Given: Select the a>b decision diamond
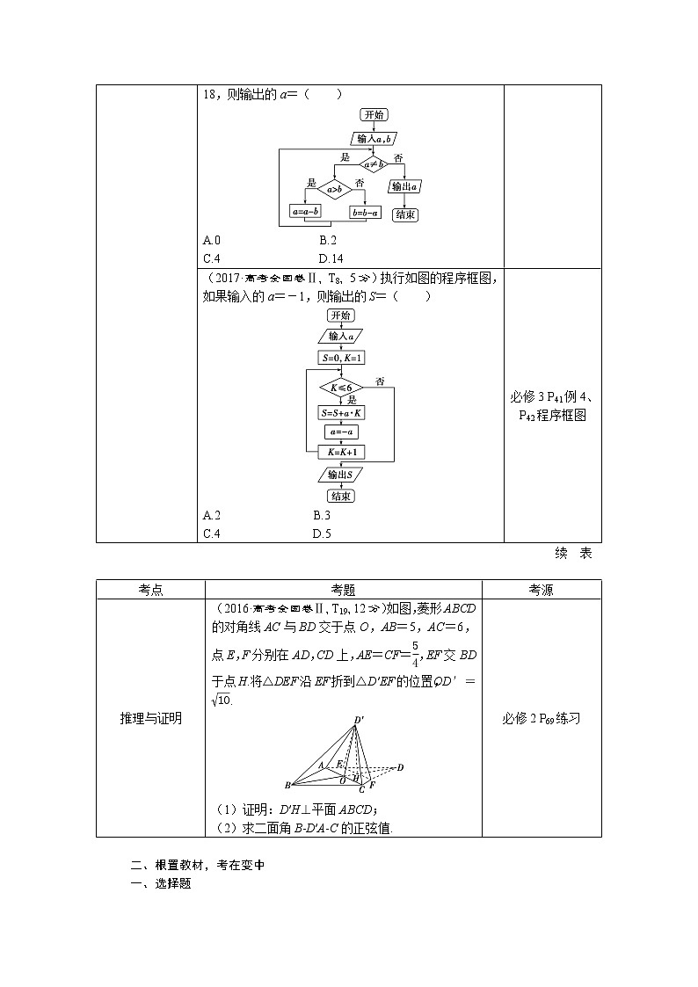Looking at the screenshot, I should [x=334, y=189].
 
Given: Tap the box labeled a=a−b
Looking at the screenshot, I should [x=305, y=212].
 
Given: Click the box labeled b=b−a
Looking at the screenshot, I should [x=365, y=212].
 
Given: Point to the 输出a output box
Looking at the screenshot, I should [x=404, y=186].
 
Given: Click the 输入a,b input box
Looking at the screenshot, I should [x=374, y=138].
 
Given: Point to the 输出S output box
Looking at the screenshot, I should [x=340, y=475].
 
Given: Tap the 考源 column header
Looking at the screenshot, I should [x=542, y=591].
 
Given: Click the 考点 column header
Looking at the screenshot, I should [x=150, y=591].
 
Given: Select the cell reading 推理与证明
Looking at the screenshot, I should [x=150, y=718].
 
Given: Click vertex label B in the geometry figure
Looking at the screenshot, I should [x=287, y=785].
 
